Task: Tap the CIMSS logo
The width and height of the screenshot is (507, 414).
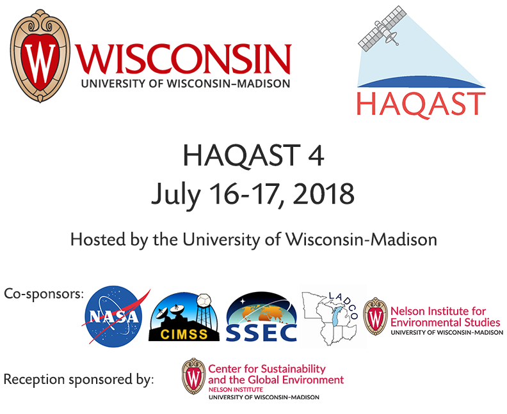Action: (x=184, y=316)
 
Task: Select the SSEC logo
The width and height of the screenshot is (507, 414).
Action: (x=261, y=316)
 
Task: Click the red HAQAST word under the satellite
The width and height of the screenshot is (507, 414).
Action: (x=421, y=104)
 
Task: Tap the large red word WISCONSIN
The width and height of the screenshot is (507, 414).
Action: (x=183, y=59)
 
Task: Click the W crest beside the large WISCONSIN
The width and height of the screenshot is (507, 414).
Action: (x=40, y=56)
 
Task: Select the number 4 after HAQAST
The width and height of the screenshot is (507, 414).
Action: (x=314, y=155)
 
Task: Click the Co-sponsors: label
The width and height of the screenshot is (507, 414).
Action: (x=44, y=295)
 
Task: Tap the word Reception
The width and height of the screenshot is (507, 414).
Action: (x=34, y=379)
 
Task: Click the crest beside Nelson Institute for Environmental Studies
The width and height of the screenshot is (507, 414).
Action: (x=375, y=316)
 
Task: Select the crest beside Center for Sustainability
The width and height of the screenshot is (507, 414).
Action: (x=194, y=376)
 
